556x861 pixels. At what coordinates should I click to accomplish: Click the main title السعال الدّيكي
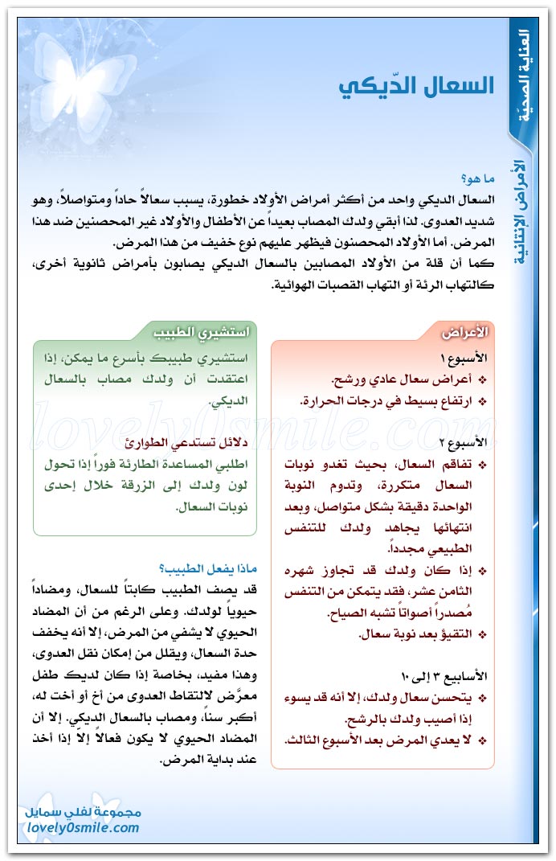(415, 86)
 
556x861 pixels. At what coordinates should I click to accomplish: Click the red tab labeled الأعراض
(465, 331)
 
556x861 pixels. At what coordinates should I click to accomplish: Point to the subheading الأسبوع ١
(470, 358)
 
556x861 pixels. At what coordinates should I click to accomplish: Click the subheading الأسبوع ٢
(470, 443)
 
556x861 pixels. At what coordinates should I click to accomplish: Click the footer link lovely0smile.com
(83, 827)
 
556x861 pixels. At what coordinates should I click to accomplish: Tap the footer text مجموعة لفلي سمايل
(84, 812)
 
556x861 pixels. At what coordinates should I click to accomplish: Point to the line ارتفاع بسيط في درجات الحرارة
(390, 400)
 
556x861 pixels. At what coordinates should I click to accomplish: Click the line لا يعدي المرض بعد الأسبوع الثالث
(386, 740)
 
